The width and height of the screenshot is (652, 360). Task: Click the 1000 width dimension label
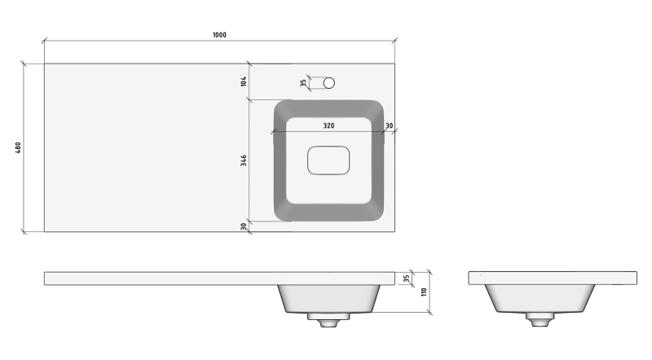point(219,35)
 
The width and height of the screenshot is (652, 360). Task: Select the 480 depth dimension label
point(18,147)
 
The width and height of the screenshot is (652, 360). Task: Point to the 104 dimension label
point(244,81)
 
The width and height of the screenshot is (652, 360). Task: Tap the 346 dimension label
point(244,160)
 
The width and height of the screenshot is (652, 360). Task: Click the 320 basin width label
point(328,125)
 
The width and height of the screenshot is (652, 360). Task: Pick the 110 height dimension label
point(424,292)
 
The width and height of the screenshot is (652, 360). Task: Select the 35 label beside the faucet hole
point(303,83)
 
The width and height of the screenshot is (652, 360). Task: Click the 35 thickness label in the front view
point(407,278)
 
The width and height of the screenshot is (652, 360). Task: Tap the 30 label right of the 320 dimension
point(390,125)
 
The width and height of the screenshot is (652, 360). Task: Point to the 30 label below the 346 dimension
point(244,226)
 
